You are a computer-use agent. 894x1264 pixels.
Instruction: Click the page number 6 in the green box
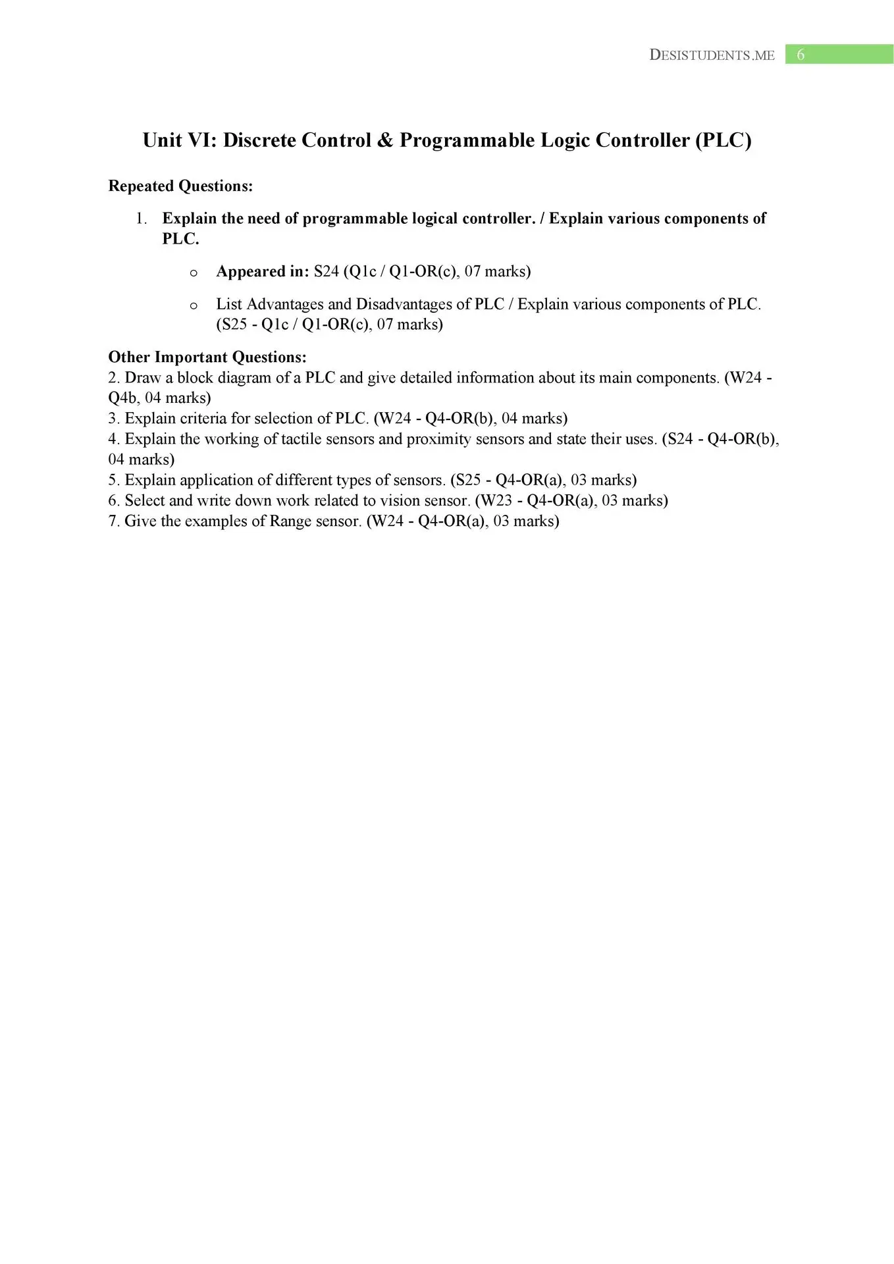[x=801, y=55]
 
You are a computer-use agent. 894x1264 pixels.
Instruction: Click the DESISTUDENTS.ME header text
[x=712, y=55]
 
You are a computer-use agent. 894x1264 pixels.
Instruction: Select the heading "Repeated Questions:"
[x=180, y=186]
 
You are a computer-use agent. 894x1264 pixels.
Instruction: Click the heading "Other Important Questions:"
[x=207, y=357]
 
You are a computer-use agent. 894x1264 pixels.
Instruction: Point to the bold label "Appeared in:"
[x=262, y=271]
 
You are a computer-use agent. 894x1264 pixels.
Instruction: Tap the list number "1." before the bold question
[x=142, y=219]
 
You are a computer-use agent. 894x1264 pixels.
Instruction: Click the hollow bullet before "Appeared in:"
[x=194, y=273]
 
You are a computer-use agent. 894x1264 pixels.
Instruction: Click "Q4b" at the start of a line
[x=122, y=398]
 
